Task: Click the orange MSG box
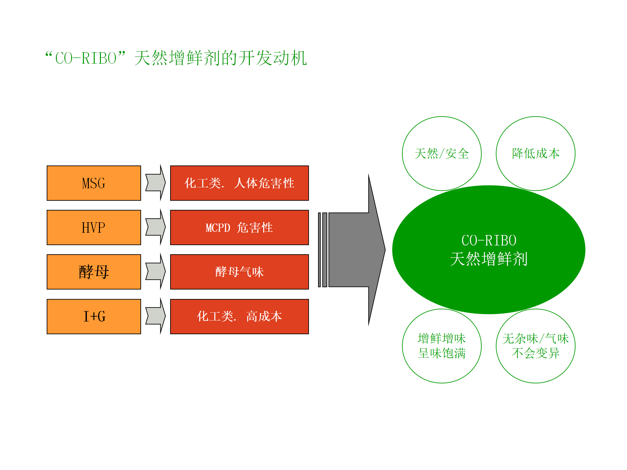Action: [94, 183]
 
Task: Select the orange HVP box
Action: [94, 227]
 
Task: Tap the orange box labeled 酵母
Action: [94, 272]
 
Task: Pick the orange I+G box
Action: [94, 317]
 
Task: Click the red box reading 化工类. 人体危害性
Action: [239, 183]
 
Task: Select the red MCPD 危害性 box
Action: [239, 227]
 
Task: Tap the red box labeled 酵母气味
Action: [239, 272]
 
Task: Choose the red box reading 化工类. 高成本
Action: [239, 317]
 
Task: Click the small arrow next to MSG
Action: [156, 183]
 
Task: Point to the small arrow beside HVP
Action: [156, 227]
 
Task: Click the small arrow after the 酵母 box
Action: [156, 272]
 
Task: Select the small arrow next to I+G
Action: [156, 316]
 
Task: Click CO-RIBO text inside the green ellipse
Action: [489, 241]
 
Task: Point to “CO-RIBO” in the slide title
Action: [86, 58]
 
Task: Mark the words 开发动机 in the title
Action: [273, 58]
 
